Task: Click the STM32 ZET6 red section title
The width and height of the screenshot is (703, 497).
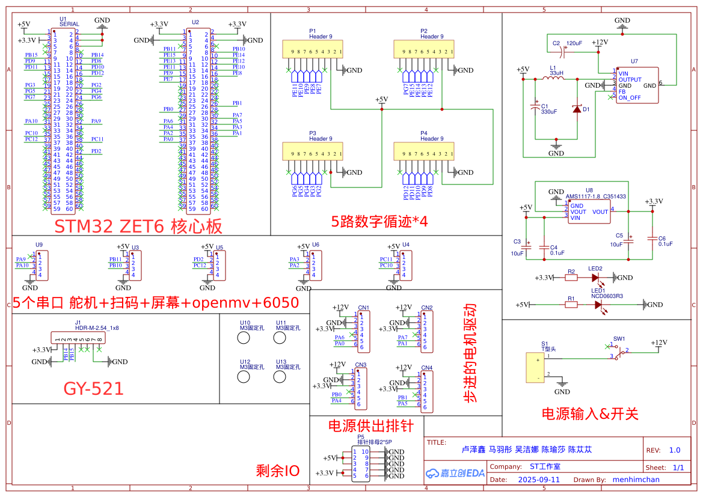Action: pos(138,226)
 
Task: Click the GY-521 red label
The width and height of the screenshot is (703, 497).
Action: pos(93,389)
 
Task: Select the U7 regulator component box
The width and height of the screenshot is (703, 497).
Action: pos(636,85)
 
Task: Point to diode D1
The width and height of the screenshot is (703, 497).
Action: pos(577,109)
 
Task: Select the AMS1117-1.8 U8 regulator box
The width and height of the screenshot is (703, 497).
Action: pos(589,212)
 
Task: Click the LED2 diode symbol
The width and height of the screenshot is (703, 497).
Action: pos(596,278)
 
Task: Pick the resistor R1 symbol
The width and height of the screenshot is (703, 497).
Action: pos(571,305)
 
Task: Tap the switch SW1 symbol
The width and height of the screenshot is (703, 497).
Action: pos(620,350)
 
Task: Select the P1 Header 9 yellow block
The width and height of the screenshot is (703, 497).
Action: pos(312,49)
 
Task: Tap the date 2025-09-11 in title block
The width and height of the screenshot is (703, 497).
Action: pos(538,480)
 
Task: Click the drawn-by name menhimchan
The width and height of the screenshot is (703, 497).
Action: pos(636,480)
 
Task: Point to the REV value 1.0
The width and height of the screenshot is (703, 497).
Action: pos(675,450)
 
